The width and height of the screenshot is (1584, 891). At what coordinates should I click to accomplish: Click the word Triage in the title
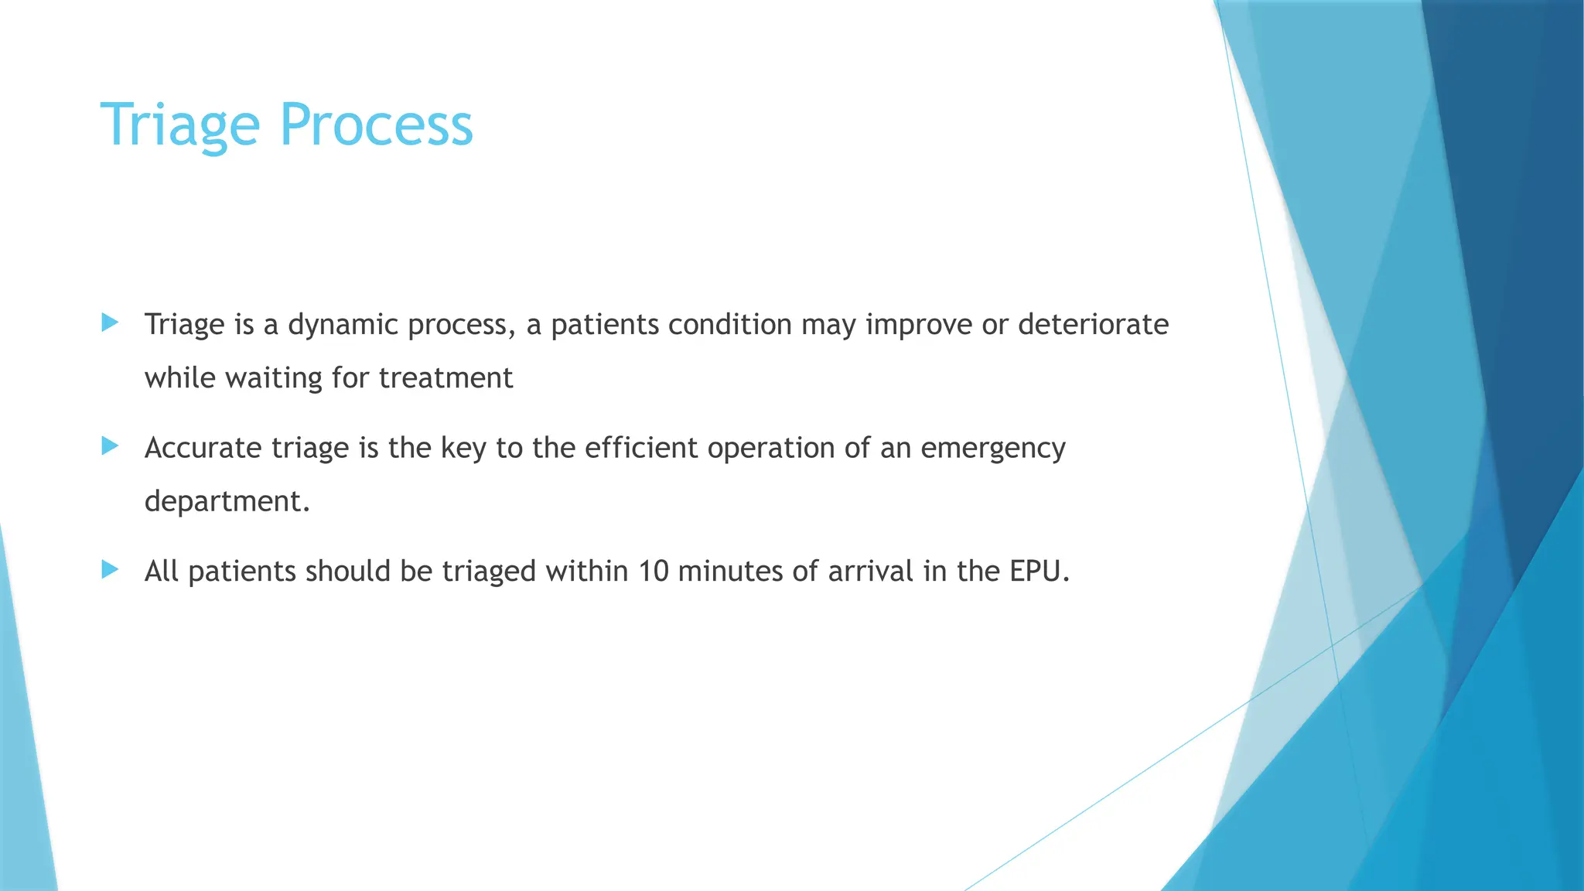coord(179,125)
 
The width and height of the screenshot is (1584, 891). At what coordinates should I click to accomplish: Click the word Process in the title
coord(376,125)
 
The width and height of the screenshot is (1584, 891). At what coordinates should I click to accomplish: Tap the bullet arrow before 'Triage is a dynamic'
coord(110,323)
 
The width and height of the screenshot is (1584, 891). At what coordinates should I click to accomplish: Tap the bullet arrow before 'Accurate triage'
coord(110,445)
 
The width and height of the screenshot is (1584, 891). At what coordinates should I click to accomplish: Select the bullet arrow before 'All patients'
coord(110,570)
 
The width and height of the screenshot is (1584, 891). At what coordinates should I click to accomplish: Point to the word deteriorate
coord(1093,325)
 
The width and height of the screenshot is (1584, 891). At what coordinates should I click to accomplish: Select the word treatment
coord(445,378)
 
